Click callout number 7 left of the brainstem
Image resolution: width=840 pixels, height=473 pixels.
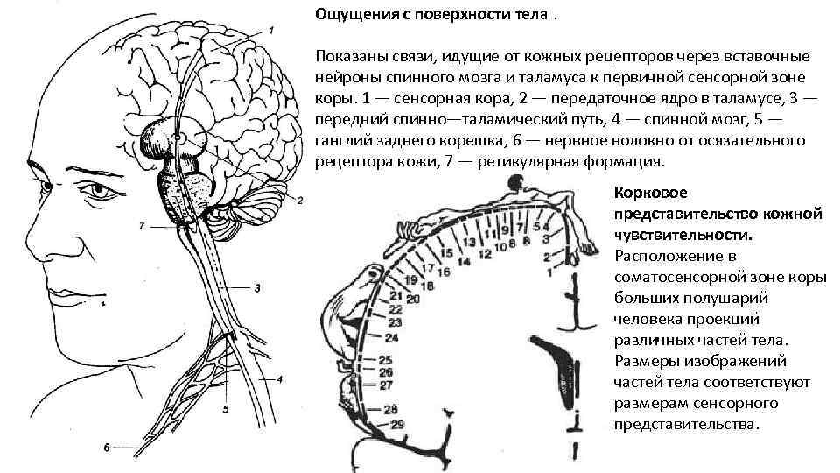tap(142, 226)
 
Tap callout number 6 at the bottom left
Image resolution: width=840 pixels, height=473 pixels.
tap(107, 448)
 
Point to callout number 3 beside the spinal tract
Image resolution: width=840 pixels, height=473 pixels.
tap(258, 287)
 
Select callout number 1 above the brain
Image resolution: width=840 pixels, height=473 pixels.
tap(270, 31)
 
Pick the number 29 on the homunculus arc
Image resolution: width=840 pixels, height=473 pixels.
tap(397, 425)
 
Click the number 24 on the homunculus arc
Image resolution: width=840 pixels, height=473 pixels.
tap(391, 337)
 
